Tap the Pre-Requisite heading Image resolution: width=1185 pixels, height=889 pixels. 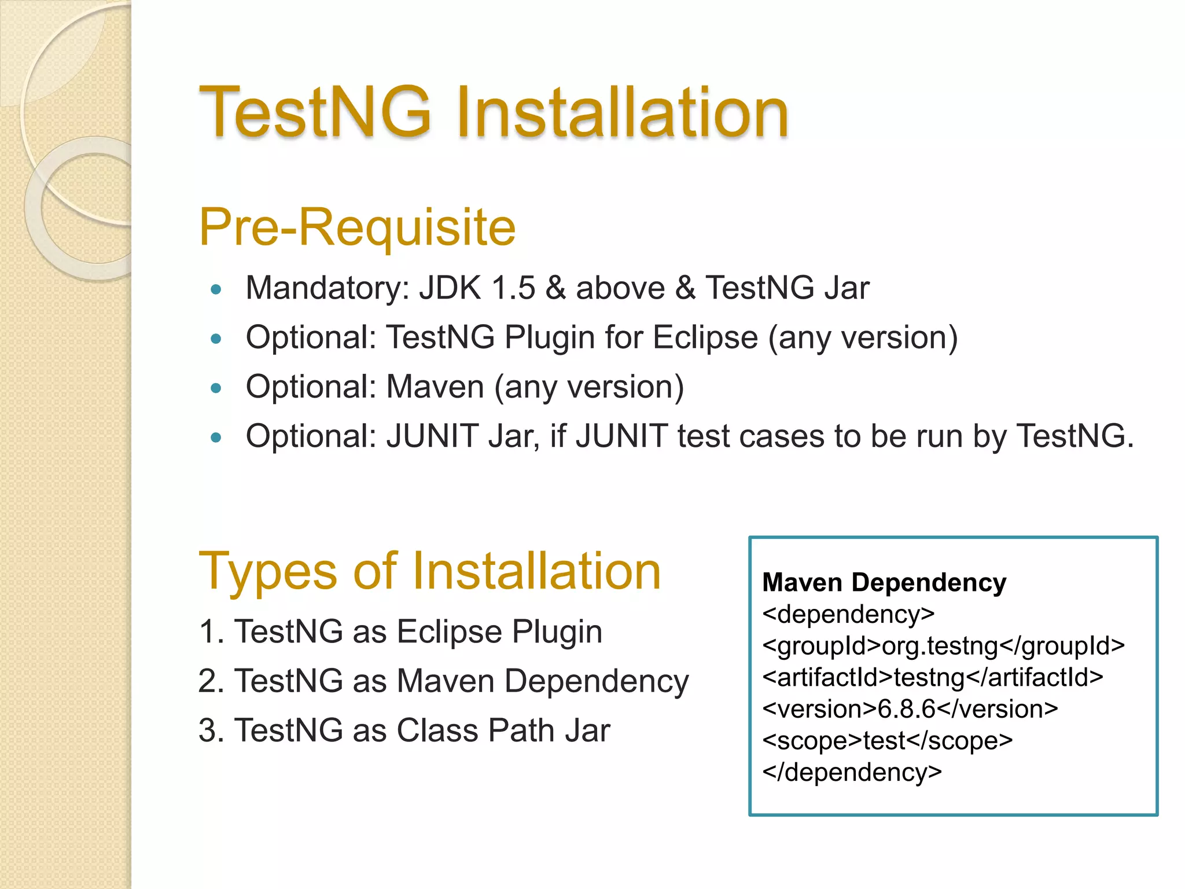357,227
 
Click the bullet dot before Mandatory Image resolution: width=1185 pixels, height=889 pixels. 216,289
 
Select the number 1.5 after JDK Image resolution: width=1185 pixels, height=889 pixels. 513,288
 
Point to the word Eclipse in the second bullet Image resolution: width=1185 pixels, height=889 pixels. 705,337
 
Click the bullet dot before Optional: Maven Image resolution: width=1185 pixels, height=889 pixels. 216,388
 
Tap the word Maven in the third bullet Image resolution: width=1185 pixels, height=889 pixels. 435,387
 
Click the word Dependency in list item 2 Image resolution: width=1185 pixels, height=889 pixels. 597,681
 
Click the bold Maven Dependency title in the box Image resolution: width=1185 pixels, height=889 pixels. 884,582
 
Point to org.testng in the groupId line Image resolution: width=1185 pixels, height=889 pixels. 940,646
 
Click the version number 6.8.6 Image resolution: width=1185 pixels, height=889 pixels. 906,709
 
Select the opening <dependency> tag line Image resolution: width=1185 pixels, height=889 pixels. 848,614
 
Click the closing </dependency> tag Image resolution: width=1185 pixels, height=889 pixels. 852,773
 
